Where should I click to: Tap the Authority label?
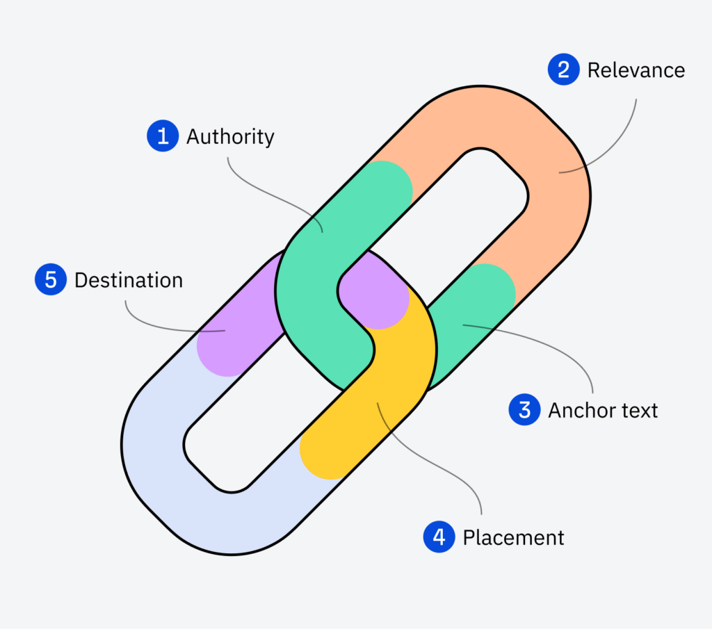[230, 137]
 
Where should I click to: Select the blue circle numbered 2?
[564, 70]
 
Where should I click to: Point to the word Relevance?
[636, 70]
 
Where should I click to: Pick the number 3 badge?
[525, 409]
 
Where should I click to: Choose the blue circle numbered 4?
[439, 537]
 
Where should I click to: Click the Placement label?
[513, 537]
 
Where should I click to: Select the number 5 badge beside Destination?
[50, 280]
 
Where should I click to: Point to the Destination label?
[129, 280]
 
